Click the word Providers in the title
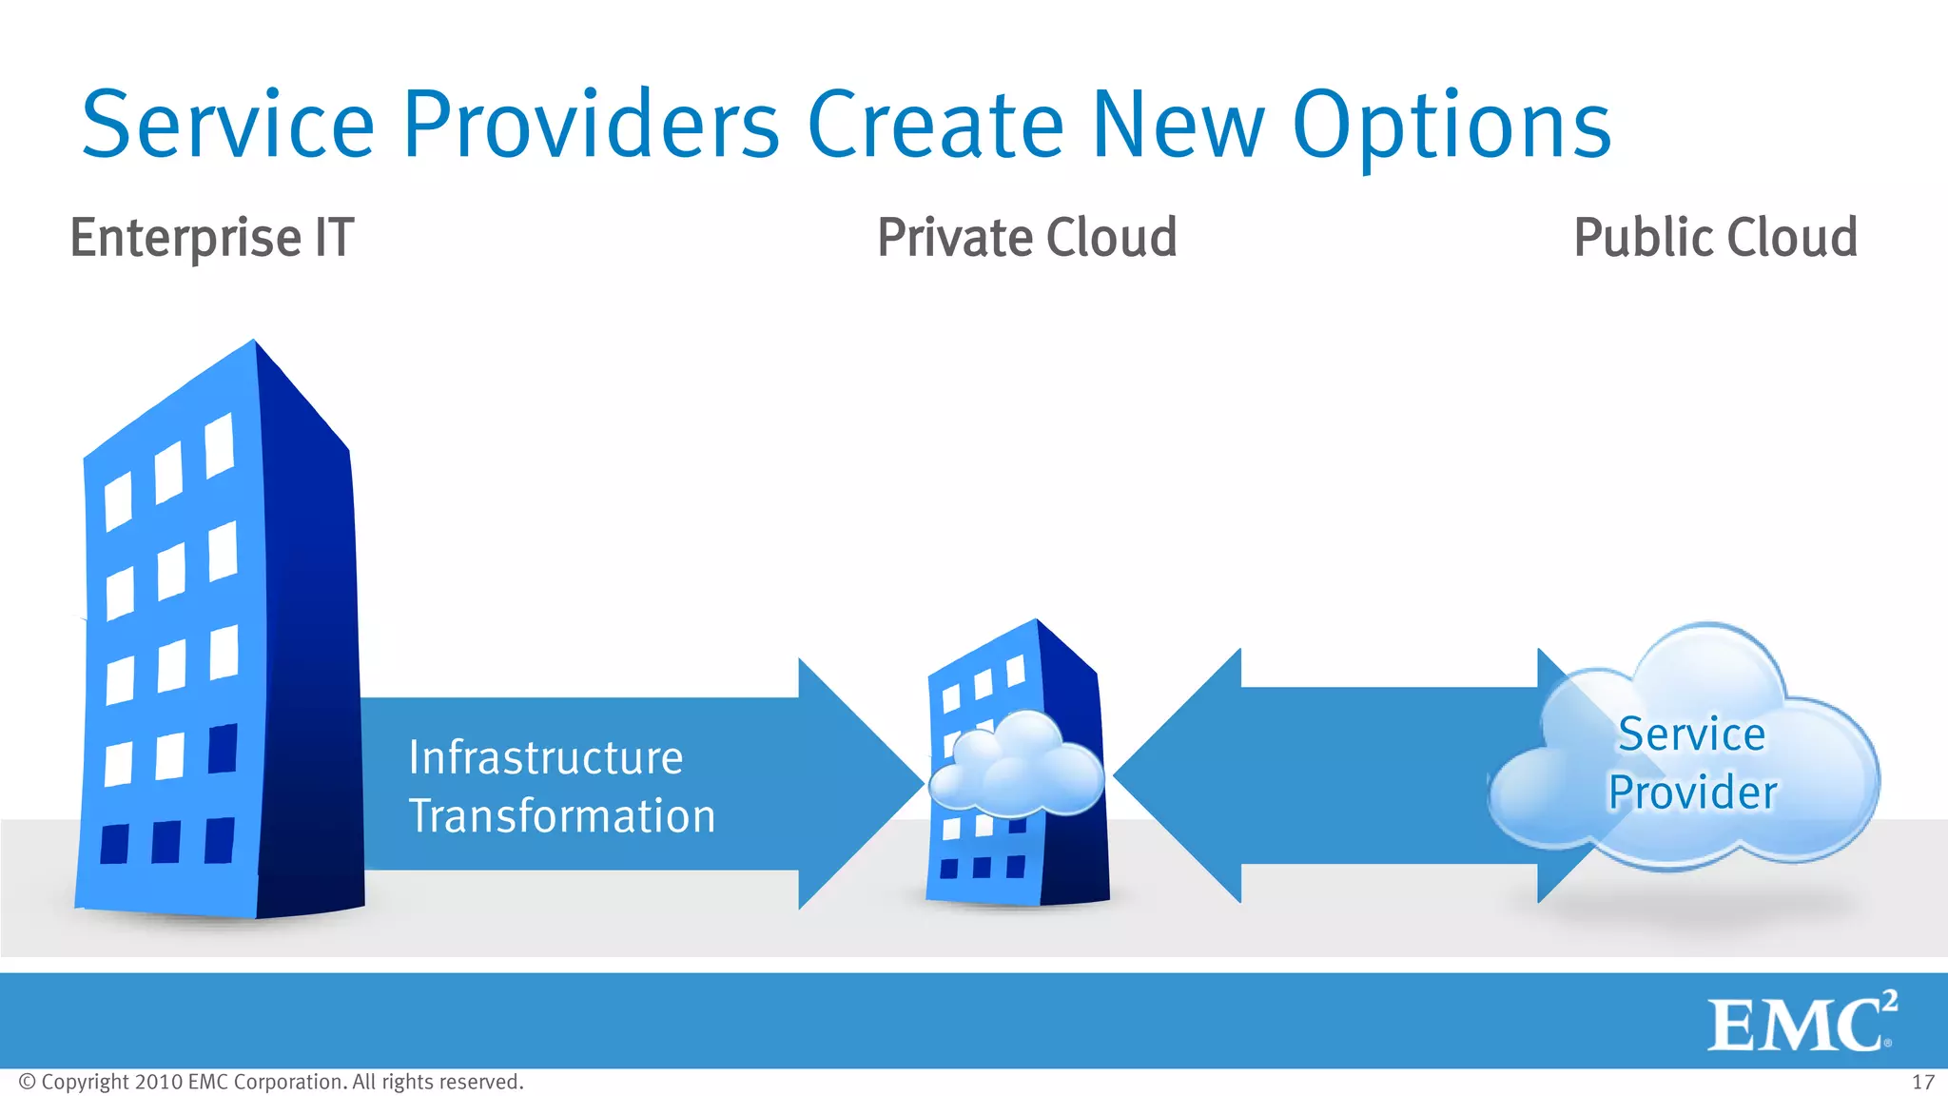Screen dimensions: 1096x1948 591,125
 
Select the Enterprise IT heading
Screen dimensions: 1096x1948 212,238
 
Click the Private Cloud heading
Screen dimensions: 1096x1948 1026,238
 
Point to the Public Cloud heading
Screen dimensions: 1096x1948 1715,238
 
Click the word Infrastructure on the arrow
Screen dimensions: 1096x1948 546,758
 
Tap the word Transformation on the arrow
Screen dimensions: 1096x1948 561,816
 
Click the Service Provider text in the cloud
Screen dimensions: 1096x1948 1692,763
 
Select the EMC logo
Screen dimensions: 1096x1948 1801,1024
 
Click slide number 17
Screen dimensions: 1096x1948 1922,1083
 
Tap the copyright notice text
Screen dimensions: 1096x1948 271,1083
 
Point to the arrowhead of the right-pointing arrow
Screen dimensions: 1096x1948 861,783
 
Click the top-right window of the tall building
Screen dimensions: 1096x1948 220,445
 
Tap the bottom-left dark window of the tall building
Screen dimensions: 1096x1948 115,844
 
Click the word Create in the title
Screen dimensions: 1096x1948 935,125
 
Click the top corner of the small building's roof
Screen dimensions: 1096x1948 1037,621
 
